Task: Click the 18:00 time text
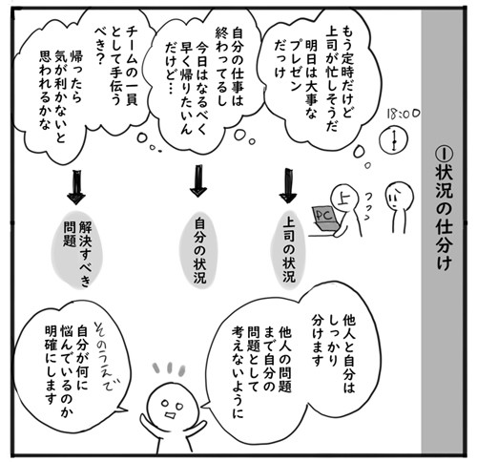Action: pyautogui.click(x=404, y=114)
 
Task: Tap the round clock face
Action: pyautogui.click(x=394, y=140)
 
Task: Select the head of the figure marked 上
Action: pyautogui.click(x=344, y=198)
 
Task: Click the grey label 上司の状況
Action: pyautogui.click(x=289, y=250)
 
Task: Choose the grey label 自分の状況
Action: pyautogui.click(x=199, y=250)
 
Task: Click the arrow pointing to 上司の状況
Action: pyautogui.click(x=288, y=185)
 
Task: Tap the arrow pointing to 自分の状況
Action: pyautogui.click(x=198, y=180)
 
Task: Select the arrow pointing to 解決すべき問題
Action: pyautogui.click(x=76, y=187)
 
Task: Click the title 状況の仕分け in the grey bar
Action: pyautogui.click(x=444, y=220)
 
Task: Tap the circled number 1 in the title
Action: pyautogui.click(x=444, y=156)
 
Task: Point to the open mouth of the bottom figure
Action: pyautogui.click(x=170, y=416)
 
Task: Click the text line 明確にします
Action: pyautogui.click(x=51, y=366)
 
